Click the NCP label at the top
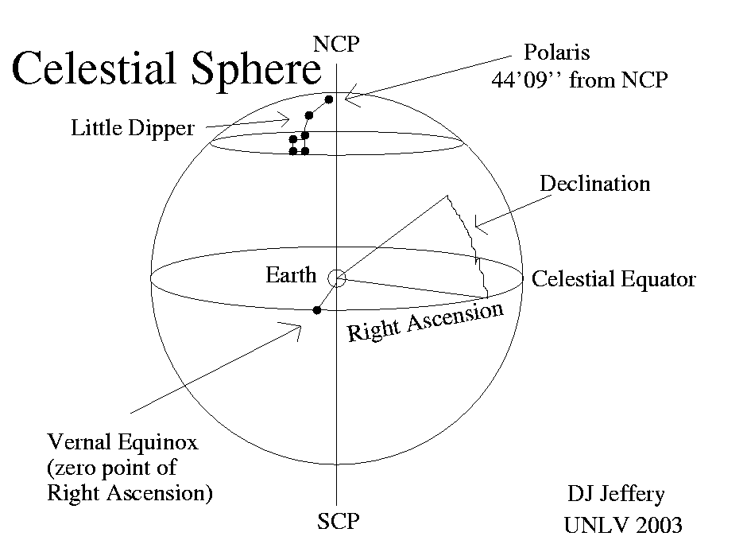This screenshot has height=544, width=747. point(336,44)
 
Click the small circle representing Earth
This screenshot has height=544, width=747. point(337,278)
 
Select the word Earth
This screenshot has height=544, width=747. point(291,276)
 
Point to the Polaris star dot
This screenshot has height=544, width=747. point(328,99)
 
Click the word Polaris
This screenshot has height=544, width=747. point(555,54)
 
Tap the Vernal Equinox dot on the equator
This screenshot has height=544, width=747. point(316,309)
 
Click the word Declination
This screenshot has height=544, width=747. point(594,184)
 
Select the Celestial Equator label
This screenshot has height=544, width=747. point(613,279)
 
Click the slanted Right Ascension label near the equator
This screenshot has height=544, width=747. point(426,321)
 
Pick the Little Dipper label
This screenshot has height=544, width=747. point(133,128)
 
